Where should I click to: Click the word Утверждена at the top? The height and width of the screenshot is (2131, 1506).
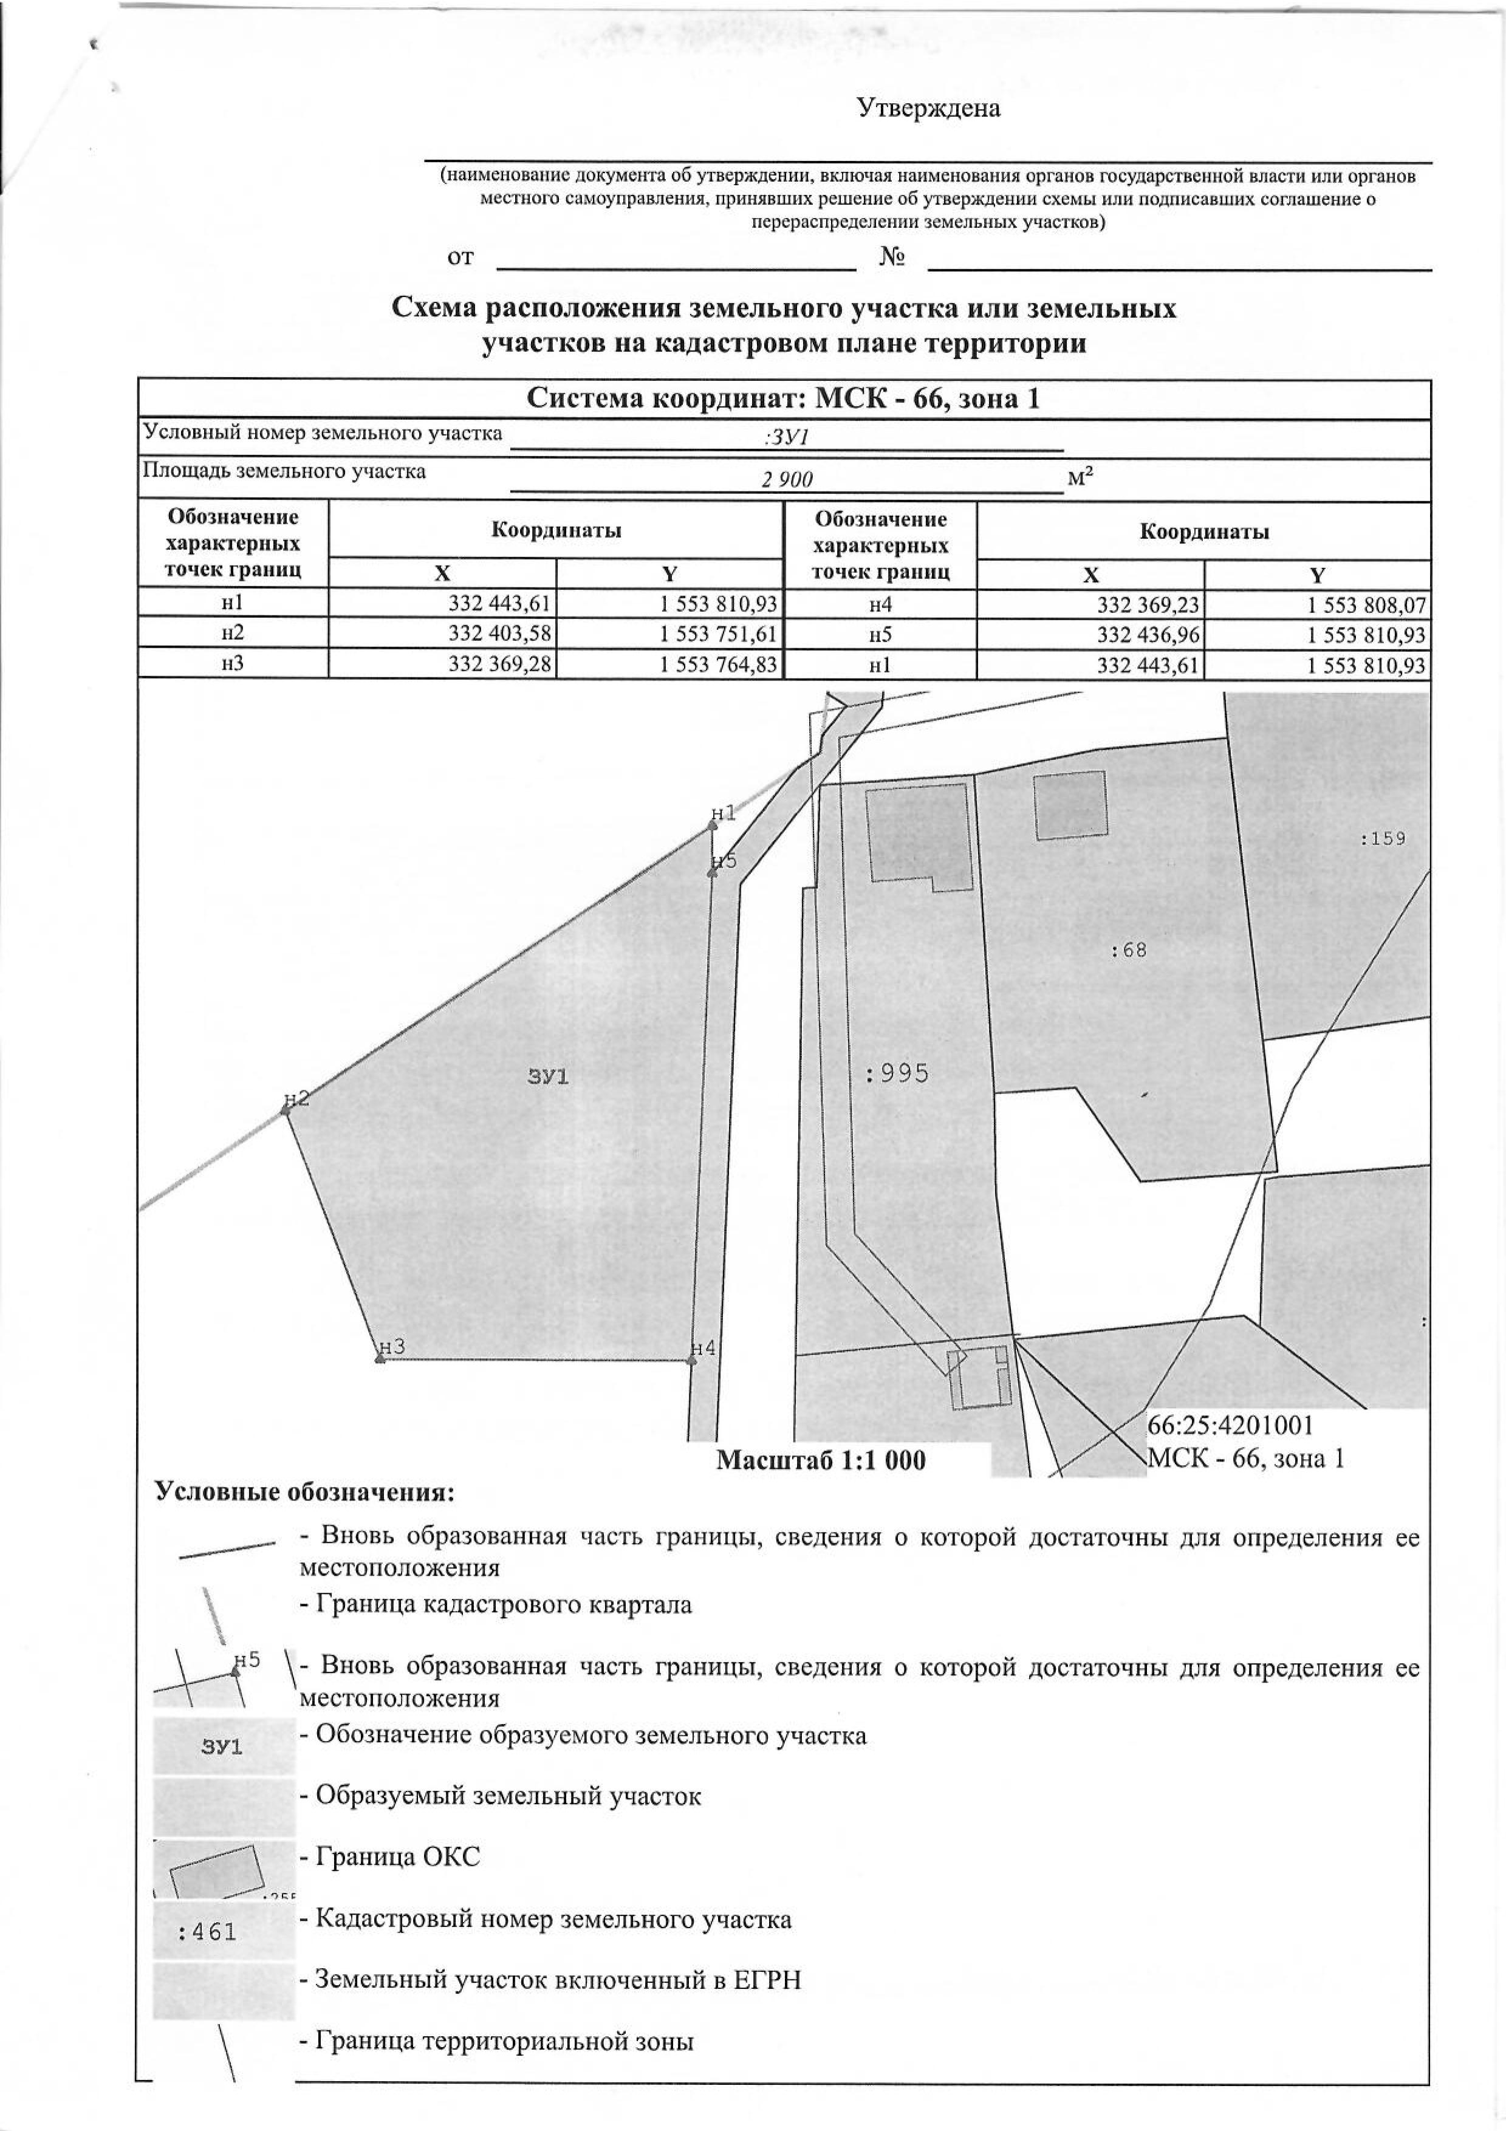click(928, 109)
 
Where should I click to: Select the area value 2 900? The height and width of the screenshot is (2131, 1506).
click(787, 479)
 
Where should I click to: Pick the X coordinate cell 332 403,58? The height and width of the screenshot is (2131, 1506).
click(499, 634)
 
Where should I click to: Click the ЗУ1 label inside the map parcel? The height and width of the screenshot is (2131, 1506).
click(547, 1076)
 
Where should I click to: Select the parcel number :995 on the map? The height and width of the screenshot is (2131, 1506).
click(896, 1074)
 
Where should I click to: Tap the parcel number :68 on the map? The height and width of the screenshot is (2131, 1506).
click(1128, 951)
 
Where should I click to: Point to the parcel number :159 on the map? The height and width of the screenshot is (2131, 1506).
click(1383, 838)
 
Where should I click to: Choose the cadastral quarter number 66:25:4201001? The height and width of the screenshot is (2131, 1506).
click(1230, 1425)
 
